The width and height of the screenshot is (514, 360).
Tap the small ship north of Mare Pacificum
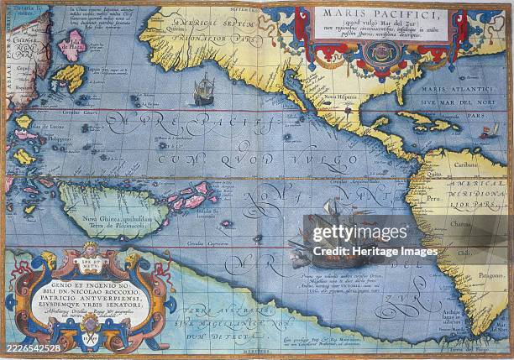204,90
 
